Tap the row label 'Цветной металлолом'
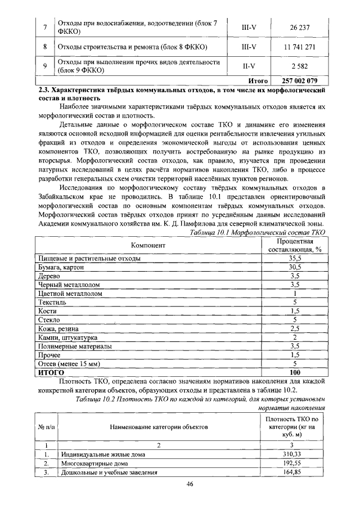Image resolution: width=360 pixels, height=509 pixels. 70,293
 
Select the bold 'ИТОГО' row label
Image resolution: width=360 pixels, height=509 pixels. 52,372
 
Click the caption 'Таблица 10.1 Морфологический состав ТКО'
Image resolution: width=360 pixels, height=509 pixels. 258,232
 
